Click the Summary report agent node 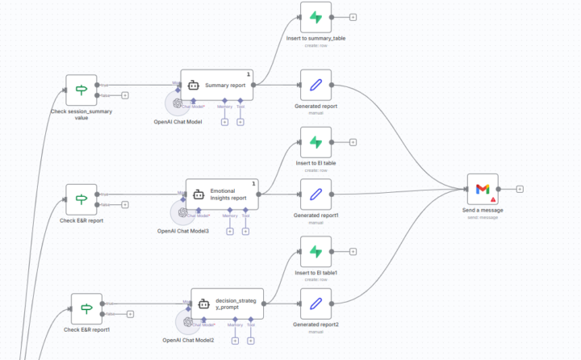pyautogui.click(x=217, y=84)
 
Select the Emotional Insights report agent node pyautogui.click(x=223, y=194)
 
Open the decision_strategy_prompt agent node pyautogui.click(x=228, y=303)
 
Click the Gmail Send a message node pyautogui.click(x=482, y=189)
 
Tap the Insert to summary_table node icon pyautogui.click(x=316, y=17)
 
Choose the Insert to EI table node pyautogui.click(x=316, y=142)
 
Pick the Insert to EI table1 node pyautogui.click(x=316, y=252)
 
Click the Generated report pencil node pyautogui.click(x=316, y=85)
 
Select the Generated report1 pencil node pyautogui.click(x=316, y=195)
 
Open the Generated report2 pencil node pyautogui.click(x=316, y=303)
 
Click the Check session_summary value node pyautogui.click(x=81, y=90)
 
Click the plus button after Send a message pyautogui.click(x=520, y=189)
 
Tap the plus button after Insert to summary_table pyautogui.click(x=353, y=17)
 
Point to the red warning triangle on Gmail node pyautogui.click(x=492, y=199)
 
